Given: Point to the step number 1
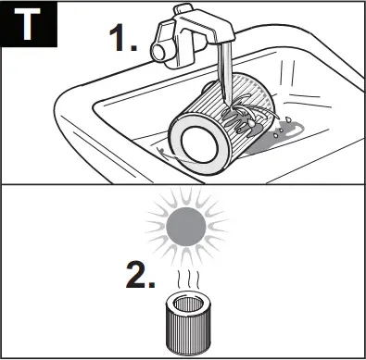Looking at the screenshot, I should coord(118,38).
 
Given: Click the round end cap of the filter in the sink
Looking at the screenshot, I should coord(196,142).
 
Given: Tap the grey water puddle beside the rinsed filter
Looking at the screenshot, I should coord(278,144).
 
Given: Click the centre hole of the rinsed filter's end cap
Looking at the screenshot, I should coord(196,142).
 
